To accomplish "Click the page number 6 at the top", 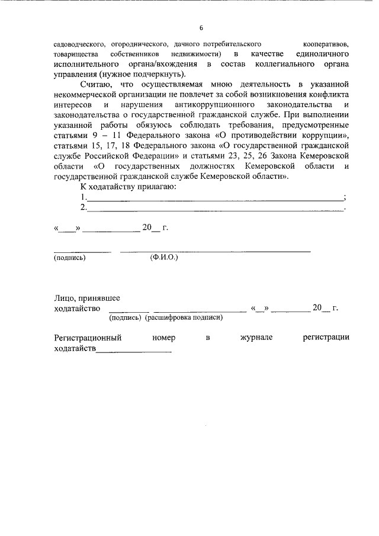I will pos(201,28).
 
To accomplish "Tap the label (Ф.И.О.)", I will pos(164,258).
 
